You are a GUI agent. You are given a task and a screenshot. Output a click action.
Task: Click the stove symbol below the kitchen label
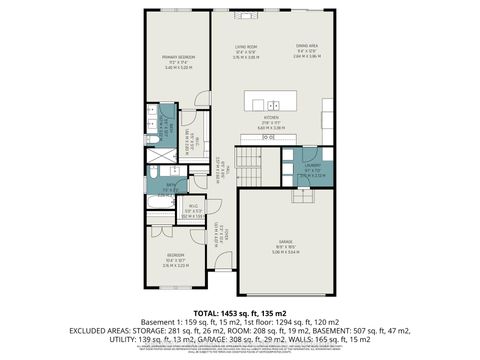click(x=268, y=137)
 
